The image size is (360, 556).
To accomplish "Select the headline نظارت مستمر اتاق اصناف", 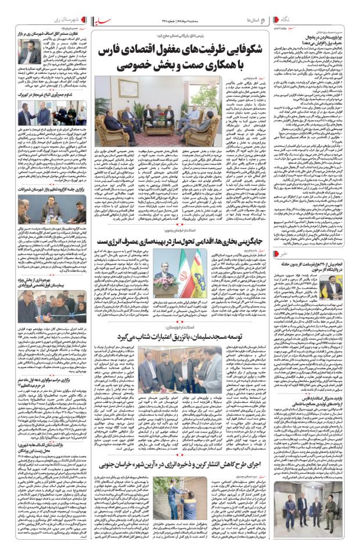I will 47,34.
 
